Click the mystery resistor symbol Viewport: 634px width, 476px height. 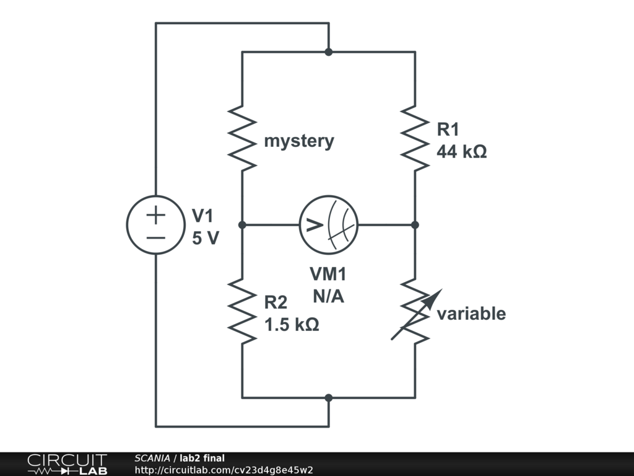click(x=242, y=138)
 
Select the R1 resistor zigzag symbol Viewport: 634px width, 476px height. click(x=415, y=138)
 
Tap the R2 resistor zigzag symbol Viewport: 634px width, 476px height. click(x=242, y=310)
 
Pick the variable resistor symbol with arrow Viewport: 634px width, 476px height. click(x=415, y=311)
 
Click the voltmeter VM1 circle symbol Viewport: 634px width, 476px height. click(x=328, y=224)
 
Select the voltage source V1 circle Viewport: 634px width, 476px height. click(x=156, y=224)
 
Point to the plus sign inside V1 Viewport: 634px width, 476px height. click(x=156, y=214)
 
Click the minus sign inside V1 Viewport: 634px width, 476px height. click(x=156, y=237)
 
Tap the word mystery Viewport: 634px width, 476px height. click(x=298, y=141)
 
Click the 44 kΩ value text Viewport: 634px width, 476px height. click(x=461, y=151)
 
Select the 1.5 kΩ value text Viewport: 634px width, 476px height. click(x=292, y=324)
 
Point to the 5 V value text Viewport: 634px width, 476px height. click(x=205, y=238)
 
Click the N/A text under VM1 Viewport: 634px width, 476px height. click(x=328, y=296)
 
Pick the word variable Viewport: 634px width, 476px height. click(x=471, y=314)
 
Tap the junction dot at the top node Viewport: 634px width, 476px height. click(x=328, y=52)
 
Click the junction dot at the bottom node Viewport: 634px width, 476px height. click(x=328, y=397)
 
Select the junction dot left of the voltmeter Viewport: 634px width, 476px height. click(x=242, y=224)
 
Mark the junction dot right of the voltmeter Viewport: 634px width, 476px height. click(x=415, y=224)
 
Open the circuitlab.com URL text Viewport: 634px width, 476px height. click(x=224, y=470)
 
